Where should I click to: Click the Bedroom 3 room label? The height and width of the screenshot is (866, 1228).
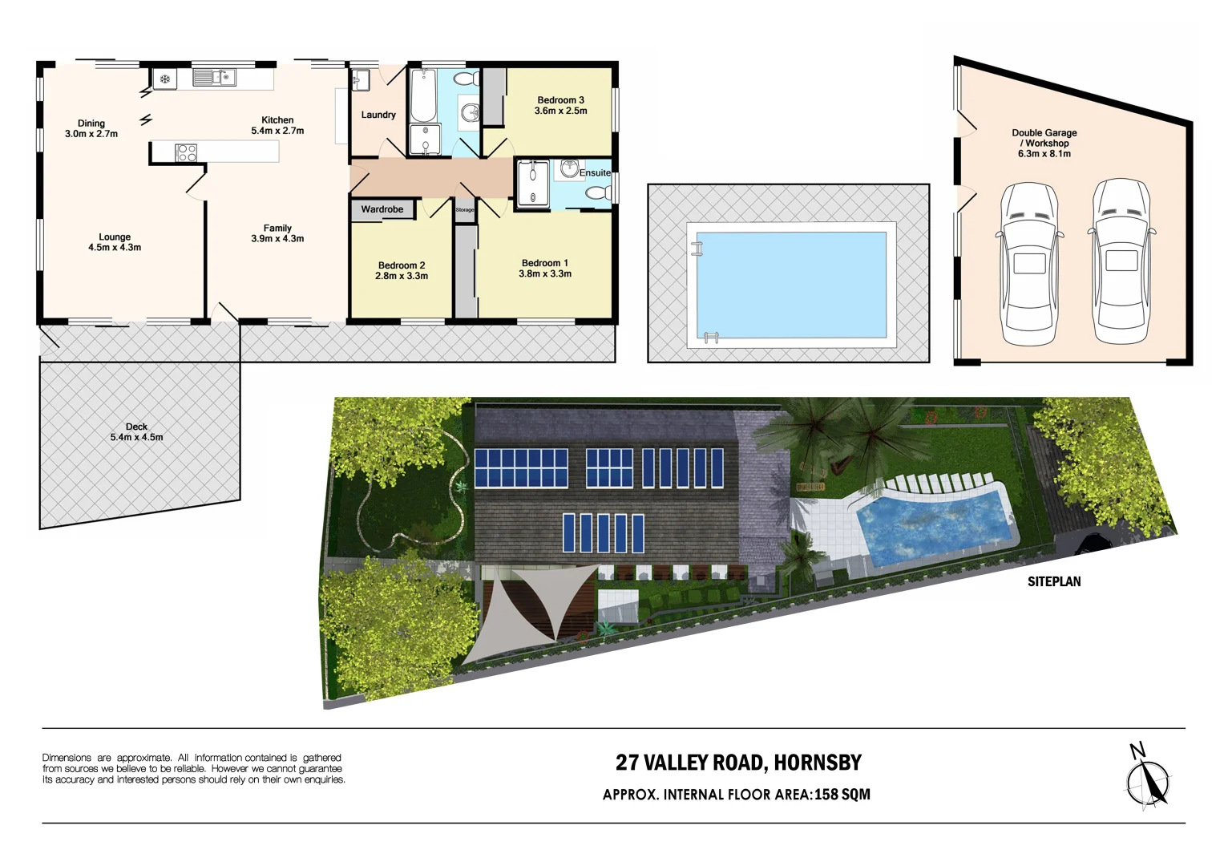tap(560, 105)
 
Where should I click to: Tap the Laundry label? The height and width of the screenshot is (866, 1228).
tap(378, 115)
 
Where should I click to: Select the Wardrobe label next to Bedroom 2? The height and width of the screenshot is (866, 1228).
tap(382, 209)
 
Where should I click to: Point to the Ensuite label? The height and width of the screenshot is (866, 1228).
tap(595, 172)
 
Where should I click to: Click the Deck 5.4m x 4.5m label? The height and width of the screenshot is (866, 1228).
tap(136, 432)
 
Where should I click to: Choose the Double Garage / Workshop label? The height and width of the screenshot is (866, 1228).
tap(1044, 143)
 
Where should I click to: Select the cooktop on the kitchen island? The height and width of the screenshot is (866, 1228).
tap(186, 152)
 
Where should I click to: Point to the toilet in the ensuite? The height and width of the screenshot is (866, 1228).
tap(596, 192)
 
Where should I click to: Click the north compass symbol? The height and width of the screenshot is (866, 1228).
tap(1148, 777)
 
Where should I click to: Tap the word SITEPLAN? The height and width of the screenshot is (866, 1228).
tap(1054, 581)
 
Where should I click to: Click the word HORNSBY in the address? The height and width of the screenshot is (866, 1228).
tap(818, 763)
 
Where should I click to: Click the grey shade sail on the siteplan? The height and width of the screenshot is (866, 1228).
tap(521, 609)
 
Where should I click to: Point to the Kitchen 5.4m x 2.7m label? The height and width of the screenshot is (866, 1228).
tap(277, 125)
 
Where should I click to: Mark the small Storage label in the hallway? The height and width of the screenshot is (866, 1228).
tap(465, 210)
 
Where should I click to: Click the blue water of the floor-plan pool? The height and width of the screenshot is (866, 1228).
tap(790, 285)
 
